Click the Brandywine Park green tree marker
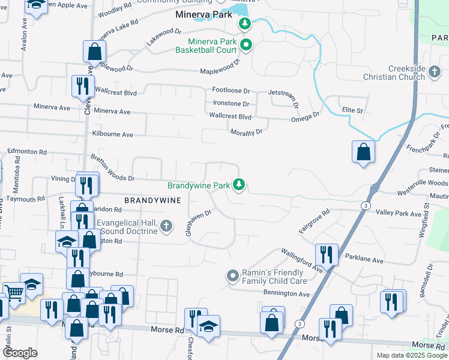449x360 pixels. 240,185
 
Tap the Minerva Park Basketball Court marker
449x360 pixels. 246,45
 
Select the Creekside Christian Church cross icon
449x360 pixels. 435,73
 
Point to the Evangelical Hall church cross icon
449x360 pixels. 166,226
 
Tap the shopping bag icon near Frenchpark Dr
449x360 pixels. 363,152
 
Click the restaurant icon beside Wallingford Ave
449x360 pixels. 326,254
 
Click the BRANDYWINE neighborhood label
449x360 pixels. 152,200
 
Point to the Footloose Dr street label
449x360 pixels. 231,91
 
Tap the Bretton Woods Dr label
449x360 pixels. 112,169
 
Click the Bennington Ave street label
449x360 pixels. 286,294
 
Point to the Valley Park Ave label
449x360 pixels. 399,213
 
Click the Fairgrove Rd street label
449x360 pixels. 315,221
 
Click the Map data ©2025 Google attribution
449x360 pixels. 411,355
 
